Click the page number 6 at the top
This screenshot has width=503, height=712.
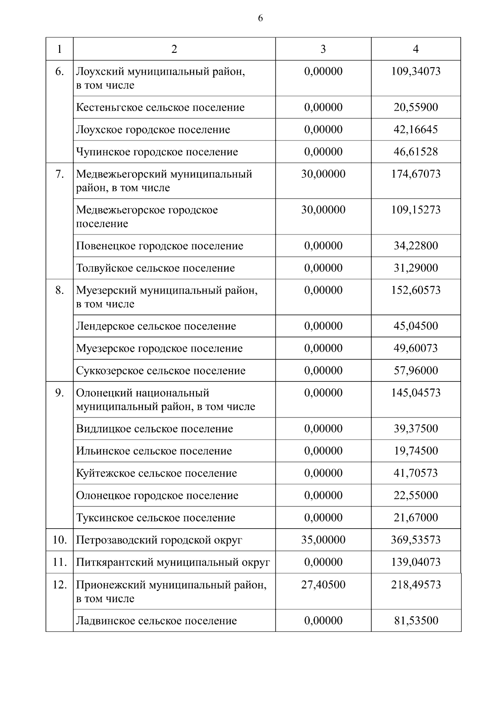(260, 18)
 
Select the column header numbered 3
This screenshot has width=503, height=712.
(323, 49)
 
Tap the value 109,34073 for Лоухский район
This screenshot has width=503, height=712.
(415, 71)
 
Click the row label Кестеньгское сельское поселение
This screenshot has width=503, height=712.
(160, 107)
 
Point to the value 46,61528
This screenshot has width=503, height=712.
(415, 152)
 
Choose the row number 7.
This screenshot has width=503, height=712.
(60, 174)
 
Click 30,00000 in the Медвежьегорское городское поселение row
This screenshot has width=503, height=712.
(323, 210)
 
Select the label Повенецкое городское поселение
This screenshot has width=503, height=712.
(159, 246)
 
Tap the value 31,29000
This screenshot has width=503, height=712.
(415, 268)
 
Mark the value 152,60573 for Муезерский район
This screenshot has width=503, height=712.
(415, 290)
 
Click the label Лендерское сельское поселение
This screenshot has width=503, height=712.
(156, 326)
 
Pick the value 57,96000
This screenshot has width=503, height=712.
(415, 370)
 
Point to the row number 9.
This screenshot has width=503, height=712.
(60, 393)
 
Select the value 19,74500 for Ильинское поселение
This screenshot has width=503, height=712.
(415, 451)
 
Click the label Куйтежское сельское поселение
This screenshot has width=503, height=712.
(156, 473)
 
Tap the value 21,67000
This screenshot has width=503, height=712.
(415, 518)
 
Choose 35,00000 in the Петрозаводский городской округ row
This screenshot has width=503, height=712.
(323, 540)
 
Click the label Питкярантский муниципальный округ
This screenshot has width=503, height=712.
(173, 562)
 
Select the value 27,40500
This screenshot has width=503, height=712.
(323, 585)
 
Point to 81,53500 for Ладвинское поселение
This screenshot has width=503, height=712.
(415, 621)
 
